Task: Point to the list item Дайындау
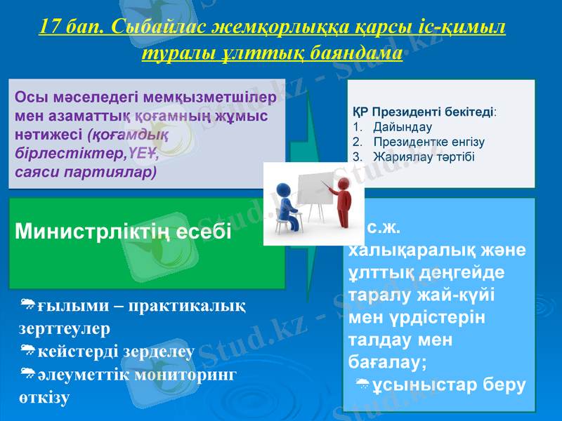click(403, 128)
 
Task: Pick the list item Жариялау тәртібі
click(424, 156)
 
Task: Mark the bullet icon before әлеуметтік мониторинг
click(29, 372)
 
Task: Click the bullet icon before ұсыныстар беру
click(362, 383)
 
